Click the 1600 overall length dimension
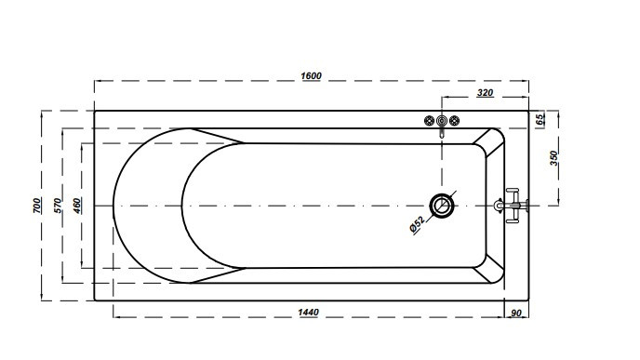pos(311,76)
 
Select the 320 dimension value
pos(485,93)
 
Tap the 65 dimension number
pos(540,120)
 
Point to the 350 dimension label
pos(553,158)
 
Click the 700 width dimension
pos(36,206)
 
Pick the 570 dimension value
pos(58,206)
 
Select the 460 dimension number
pos(77,206)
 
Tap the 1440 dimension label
pos(308,313)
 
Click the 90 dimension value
pos(516,313)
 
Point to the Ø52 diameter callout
pos(417,224)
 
